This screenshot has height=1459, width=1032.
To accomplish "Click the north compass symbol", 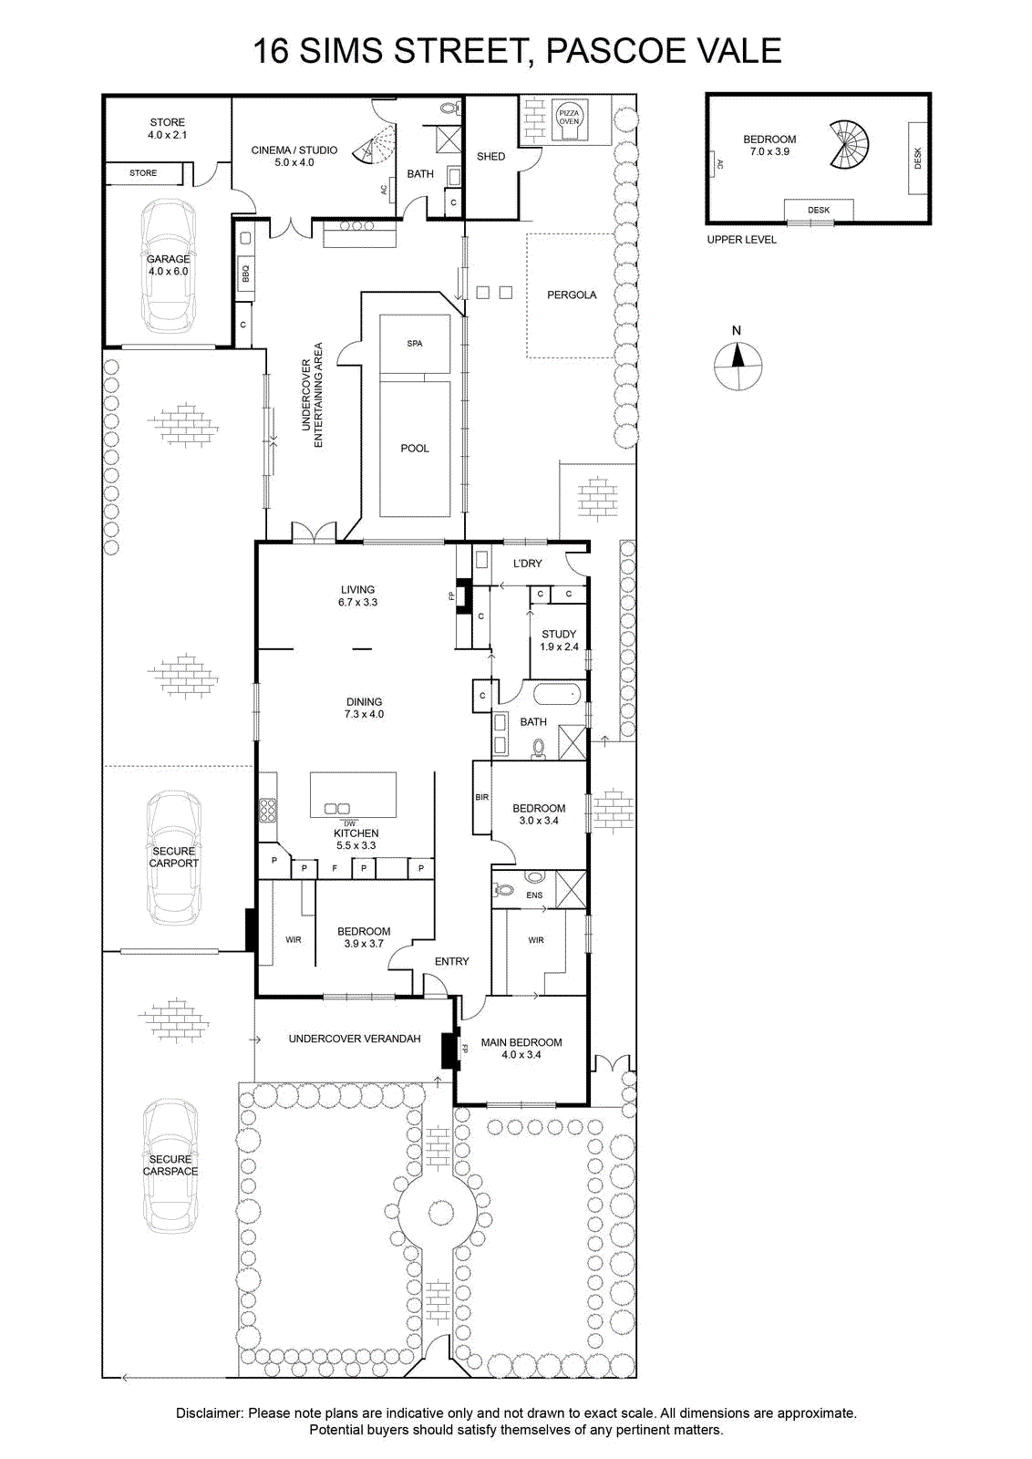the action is (x=738, y=365).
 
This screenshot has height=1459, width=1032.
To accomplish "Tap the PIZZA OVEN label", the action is (x=568, y=118).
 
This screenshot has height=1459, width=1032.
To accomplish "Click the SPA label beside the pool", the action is (x=415, y=343).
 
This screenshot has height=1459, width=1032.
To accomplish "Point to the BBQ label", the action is (x=245, y=273).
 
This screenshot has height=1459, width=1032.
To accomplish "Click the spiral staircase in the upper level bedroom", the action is (x=849, y=145).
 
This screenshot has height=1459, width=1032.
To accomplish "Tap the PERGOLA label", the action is (x=572, y=295).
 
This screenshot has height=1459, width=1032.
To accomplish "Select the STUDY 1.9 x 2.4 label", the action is (x=559, y=639).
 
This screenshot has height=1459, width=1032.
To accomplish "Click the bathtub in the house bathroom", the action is (x=557, y=695).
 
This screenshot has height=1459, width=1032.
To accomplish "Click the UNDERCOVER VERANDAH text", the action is (x=355, y=1039).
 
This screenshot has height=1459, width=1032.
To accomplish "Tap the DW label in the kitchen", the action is (x=350, y=823).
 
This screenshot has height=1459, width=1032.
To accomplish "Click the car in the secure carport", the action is (x=173, y=858).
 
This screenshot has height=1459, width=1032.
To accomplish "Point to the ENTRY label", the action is (x=452, y=961).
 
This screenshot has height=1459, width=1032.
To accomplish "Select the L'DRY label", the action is (x=527, y=564).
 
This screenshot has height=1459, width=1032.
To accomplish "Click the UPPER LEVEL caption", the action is (x=741, y=240).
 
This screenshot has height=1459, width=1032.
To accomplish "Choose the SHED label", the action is (x=491, y=156).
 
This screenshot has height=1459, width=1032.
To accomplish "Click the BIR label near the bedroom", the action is (x=482, y=797).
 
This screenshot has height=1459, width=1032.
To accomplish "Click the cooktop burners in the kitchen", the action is (x=267, y=811).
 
